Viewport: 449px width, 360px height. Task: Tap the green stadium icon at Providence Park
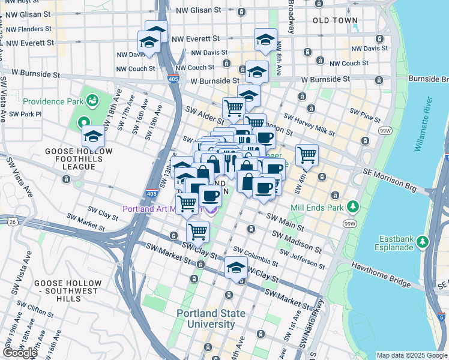pos(92,98)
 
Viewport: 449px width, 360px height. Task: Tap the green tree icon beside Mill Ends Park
pos(354,207)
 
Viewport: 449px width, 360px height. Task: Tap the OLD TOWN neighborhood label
pos(336,20)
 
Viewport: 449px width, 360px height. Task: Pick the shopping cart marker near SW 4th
pos(307,155)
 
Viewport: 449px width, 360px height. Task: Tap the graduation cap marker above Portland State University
pos(237,268)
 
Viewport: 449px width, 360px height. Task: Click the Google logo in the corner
pos(20,353)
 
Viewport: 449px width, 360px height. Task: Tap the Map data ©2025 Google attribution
pos(411,355)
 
